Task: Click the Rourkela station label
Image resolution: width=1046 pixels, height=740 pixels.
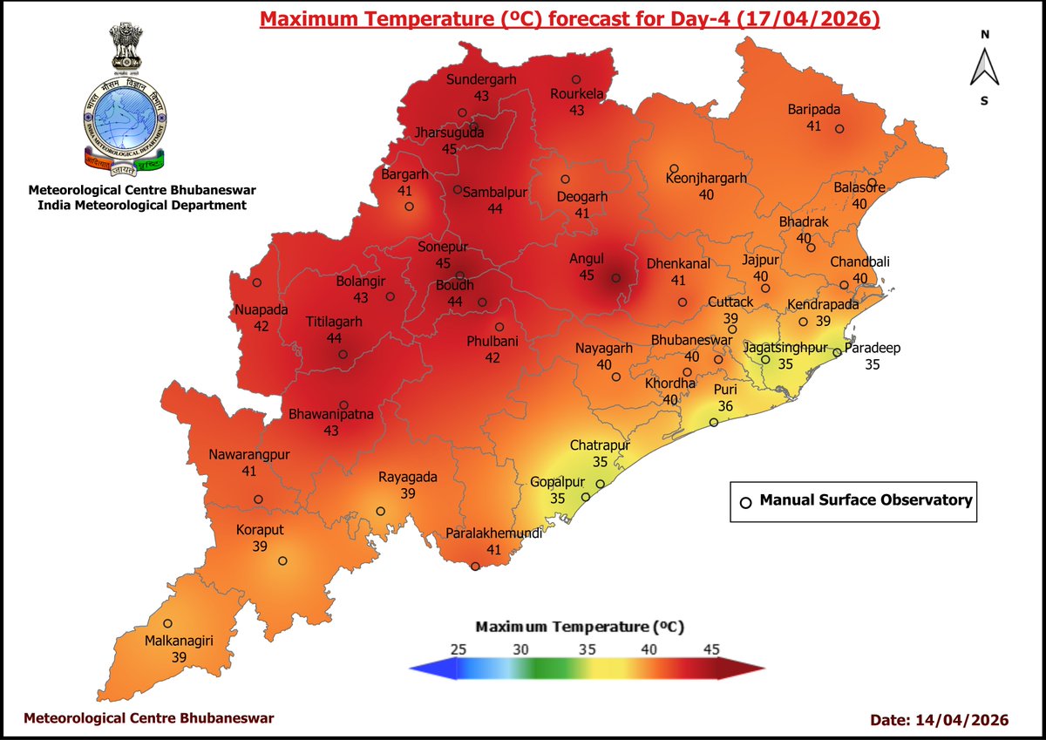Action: click(576, 94)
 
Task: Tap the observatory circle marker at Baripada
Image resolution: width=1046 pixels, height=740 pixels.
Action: click(839, 129)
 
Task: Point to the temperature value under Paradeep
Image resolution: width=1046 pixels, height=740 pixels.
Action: click(872, 364)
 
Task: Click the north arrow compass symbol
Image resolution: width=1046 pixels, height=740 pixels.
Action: click(984, 67)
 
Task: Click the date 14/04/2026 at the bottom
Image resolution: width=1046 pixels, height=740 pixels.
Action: click(963, 720)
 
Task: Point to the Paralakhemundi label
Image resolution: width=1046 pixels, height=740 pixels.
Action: click(494, 533)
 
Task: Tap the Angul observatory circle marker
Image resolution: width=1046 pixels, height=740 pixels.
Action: click(615, 279)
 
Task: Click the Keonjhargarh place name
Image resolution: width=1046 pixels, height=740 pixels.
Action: click(706, 178)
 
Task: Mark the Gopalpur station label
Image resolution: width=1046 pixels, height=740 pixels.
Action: click(556, 482)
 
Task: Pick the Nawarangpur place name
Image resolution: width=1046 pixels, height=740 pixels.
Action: click(248, 454)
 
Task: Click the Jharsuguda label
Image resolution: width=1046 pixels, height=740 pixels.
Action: click(449, 133)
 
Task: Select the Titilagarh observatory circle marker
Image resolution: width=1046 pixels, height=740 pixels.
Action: click(343, 355)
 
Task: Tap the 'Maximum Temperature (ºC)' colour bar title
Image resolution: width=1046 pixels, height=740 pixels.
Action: click(579, 626)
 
